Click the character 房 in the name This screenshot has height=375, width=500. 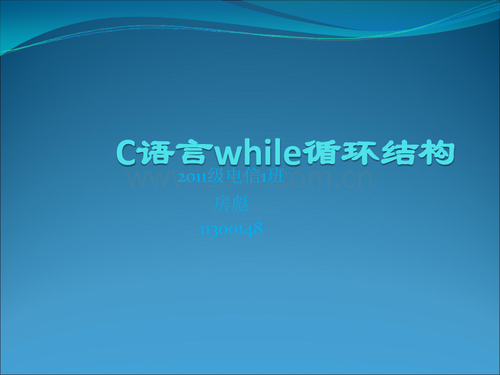tap(223, 204)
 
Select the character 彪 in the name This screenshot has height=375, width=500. tap(240, 204)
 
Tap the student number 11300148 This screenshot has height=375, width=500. tap(232, 229)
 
